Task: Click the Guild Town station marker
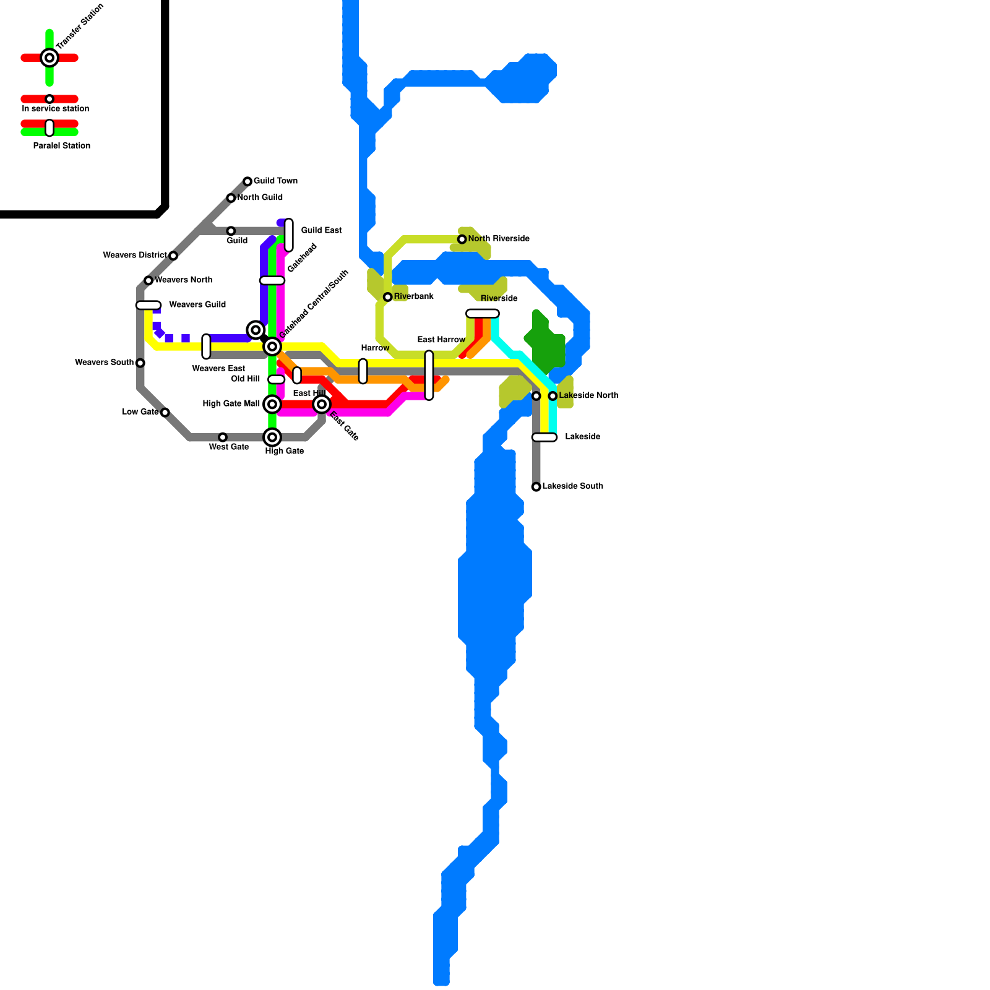click(247, 181)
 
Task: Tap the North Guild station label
click(260, 197)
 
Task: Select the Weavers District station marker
click(173, 256)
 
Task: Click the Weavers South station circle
click(140, 363)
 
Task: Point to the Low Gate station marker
click(165, 413)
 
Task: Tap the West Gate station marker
click(223, 437)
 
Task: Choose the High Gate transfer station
click(272, 437)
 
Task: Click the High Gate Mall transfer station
click(272, 404)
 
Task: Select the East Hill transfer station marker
click(322, 404)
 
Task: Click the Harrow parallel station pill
click(363, 371)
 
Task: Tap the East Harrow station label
click(441, 340)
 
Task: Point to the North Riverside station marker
click(462, 239)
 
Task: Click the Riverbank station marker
click(388, 297)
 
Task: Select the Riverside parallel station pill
click(483, 313)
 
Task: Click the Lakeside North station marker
click(553, 396)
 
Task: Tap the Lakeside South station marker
click(536, 487)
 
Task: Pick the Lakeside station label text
click(582, 437)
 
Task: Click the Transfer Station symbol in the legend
click(49, 58)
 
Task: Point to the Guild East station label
click(321, 230)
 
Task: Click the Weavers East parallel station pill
click(206, 346)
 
